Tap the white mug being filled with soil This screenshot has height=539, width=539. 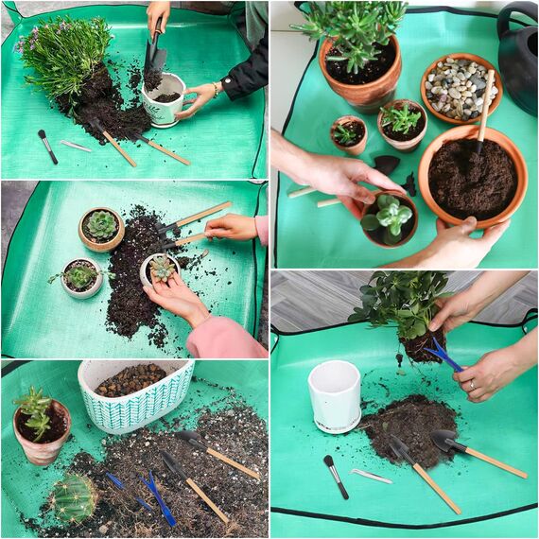click(163, 101)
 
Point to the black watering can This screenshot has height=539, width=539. click(516, 57)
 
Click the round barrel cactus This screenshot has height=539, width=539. click(73, 497)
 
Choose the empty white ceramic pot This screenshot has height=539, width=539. click(334, 395)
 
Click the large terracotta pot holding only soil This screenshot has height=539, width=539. click(472, 176)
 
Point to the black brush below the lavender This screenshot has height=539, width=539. click(47, 146)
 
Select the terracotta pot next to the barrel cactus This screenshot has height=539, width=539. click(42, 429)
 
